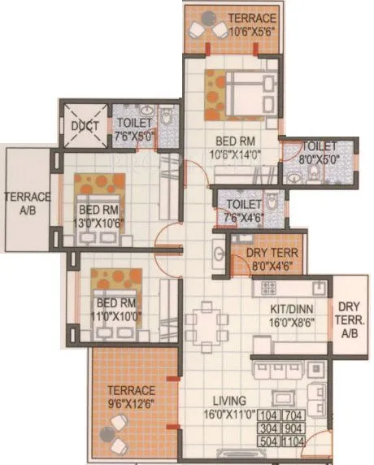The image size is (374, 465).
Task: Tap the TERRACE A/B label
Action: point(27,203)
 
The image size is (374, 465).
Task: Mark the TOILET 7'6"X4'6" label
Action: point(244,210)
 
